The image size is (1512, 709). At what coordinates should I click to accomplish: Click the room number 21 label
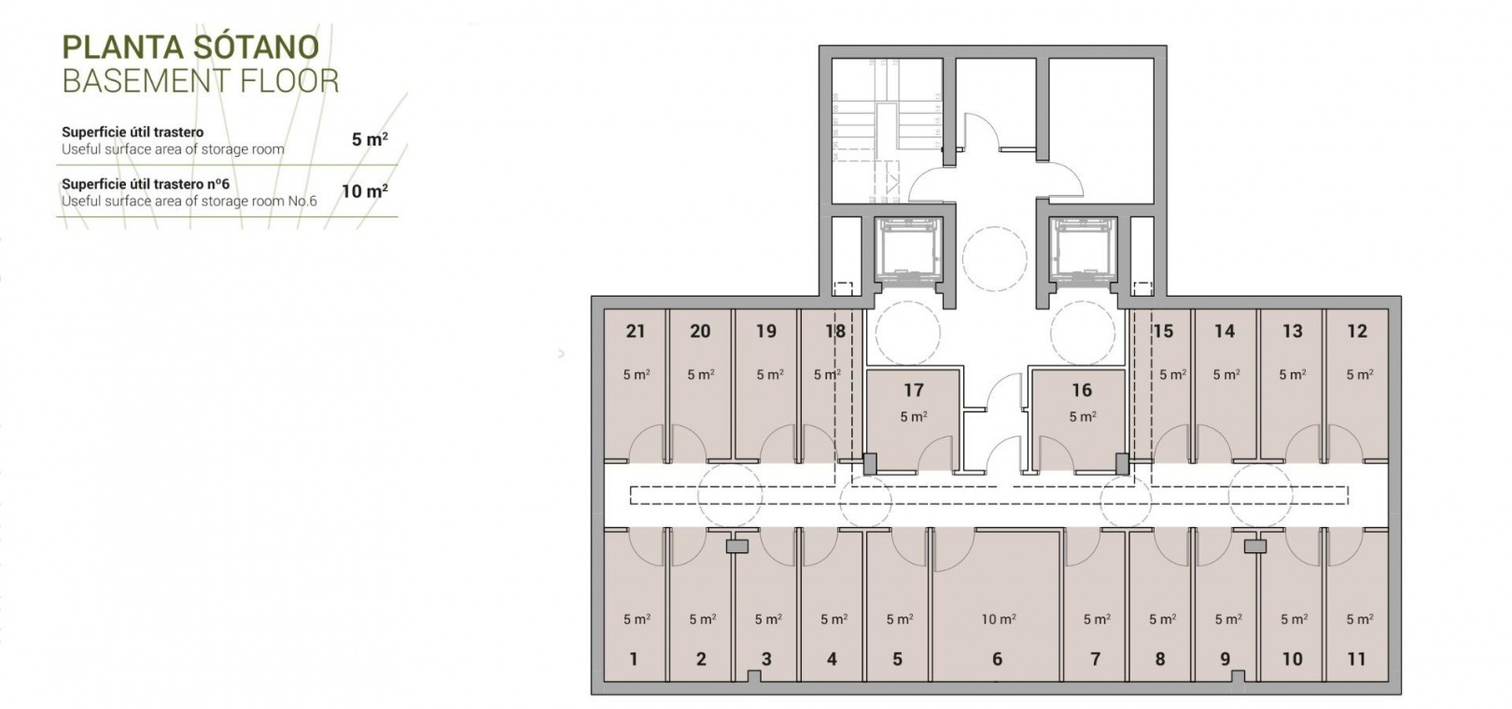pyautogui.click(x=636, y=331)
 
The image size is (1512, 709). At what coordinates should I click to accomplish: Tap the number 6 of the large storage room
pyautogui.click(x=997, y=659)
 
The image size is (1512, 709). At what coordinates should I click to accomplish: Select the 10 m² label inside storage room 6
pyautogui.click(x=999, y=619)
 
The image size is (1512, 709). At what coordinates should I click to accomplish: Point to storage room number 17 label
pyautogui.click(x=914, y=390)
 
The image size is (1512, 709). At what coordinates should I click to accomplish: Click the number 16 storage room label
pyautogui.click(x=1082, y=390)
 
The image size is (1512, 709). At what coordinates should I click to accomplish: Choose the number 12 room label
pyautogui.click(x=1357, y=331)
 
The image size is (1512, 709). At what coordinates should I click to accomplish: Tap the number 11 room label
pyautogui.click(x=1357, y=659)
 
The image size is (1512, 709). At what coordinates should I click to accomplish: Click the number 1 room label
pyautogui.click(x=633, y=659)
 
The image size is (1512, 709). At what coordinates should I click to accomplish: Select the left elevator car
pyautogui.click(x=908, y=250)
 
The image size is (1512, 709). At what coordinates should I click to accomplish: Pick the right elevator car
pyautogui.click(x=1084, y=250)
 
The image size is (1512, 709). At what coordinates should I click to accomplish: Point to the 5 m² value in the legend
pyautogui.click(x=370, y=140)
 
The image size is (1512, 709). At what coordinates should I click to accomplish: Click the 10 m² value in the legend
pyautogui.click(x=365, y=191)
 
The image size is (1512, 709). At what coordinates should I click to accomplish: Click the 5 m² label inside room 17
pyautogui.click(x=914, y=417)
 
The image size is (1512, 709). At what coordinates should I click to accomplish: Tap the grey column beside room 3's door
pyautogui.click(x=737, y=547)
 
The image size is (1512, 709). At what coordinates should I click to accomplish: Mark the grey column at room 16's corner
pyautogui.click(x=1123, y=464)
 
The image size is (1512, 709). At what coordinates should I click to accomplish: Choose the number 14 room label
pyautogui.click(x=1225, y=331)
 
